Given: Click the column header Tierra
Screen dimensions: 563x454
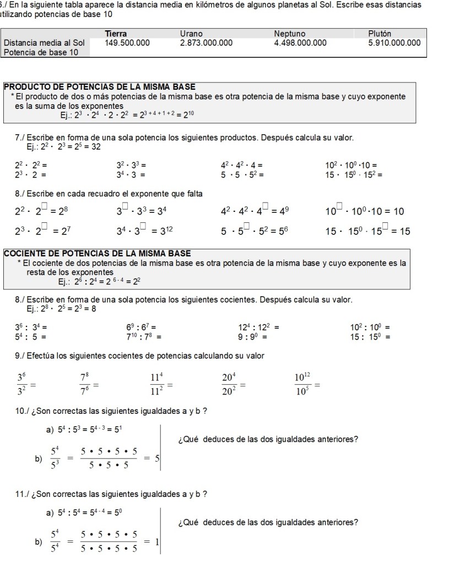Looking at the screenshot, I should [116, 34].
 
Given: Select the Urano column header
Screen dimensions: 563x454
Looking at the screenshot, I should [191, 34].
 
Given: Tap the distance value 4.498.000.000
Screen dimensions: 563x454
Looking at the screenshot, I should [300, 42].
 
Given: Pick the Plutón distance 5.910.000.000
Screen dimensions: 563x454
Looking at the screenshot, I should [394, 42].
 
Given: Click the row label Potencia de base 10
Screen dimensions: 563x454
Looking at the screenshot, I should [41, 52].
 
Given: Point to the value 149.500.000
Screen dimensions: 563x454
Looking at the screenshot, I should [127, 42].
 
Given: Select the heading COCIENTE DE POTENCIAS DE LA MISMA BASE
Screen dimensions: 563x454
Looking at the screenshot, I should [98, 253].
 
